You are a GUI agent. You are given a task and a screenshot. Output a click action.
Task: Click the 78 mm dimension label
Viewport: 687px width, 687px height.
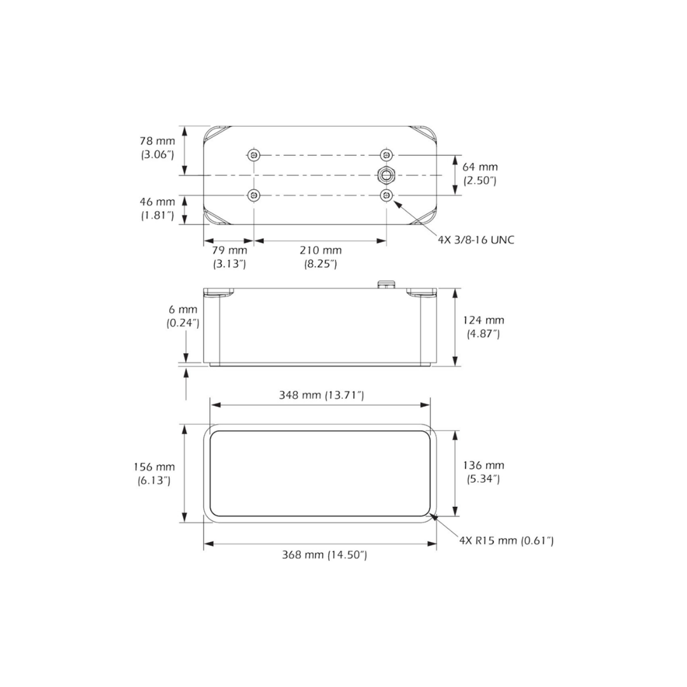[157, 148]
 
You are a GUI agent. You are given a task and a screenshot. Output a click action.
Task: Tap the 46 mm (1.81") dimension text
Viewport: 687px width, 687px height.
[157, 209]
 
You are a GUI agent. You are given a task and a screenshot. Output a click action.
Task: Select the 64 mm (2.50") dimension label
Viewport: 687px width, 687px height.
[480, 174]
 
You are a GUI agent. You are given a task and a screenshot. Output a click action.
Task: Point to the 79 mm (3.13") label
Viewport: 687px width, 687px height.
[230, 257]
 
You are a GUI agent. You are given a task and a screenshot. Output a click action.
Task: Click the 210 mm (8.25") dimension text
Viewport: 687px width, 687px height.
[321, 257]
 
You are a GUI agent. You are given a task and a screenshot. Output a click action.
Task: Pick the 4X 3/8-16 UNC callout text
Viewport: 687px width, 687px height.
[476, 240]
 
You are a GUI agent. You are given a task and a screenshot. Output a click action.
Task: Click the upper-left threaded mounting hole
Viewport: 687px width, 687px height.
[254, 155]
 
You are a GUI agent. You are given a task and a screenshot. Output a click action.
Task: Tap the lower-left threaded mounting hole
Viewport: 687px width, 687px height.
[254, 195]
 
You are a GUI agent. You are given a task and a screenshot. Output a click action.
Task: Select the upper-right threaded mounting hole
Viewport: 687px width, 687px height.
[386, 155]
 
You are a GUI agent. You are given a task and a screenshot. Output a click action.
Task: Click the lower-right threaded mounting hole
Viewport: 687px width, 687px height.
[386, 195]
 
